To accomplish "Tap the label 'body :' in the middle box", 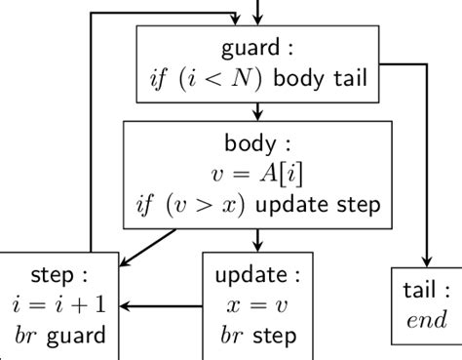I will pos(256,143).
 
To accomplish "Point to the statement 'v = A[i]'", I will pos(256,175).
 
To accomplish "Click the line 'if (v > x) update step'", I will pos(256,206).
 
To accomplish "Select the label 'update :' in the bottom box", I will pos(256,274).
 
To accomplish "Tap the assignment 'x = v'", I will pos(256,305).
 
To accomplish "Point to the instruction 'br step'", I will pos(256,336).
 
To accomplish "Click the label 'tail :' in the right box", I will pos(427,290).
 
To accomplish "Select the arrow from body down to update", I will pos(256,239).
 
